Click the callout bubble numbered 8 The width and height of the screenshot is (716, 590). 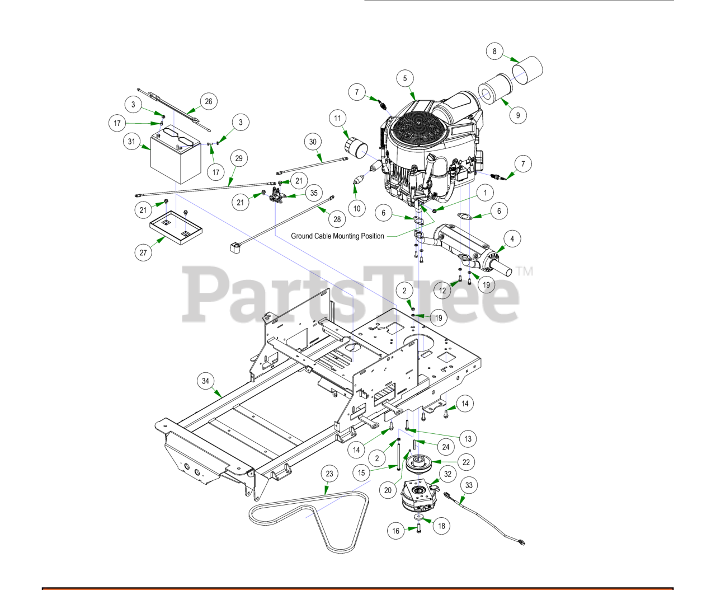pyautogui.click(x=494, y=51)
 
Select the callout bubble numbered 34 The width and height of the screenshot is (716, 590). pyautogui.click(x=205, y=381)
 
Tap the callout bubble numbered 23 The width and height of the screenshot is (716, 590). pyautogui.click(x=329, y=474)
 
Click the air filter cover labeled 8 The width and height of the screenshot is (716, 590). pyautogui.click(x=529, y=70)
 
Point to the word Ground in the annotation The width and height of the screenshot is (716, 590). pyautogui.click(x=302, y=236)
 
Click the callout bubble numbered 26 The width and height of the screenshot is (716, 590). pyautogui.click(x=209, y=101)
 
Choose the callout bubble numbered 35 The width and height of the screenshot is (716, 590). pyautogui.click(x=314, y=193)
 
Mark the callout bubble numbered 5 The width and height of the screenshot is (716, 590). pyautogui.click(x=405, y=78)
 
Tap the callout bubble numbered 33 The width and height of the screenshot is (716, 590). pyautogui.click(x=469, y=485)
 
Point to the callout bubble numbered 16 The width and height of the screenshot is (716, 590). pyautogui.click(x=396, y=531)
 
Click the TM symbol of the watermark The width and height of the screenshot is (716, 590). pyautogui.click(x=525, y=271)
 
